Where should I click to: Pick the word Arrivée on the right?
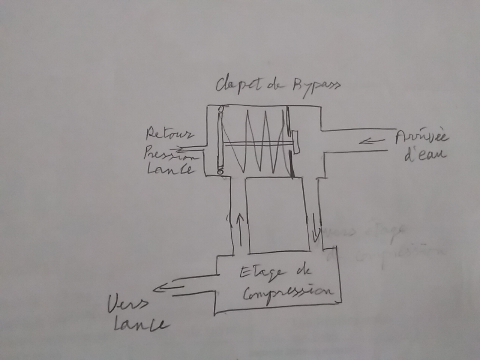[x=421, y=137]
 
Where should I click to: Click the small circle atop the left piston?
[x=220, y=109]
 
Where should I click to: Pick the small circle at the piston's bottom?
[x=220, y=172]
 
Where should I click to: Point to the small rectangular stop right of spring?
[x=295, y=142]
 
